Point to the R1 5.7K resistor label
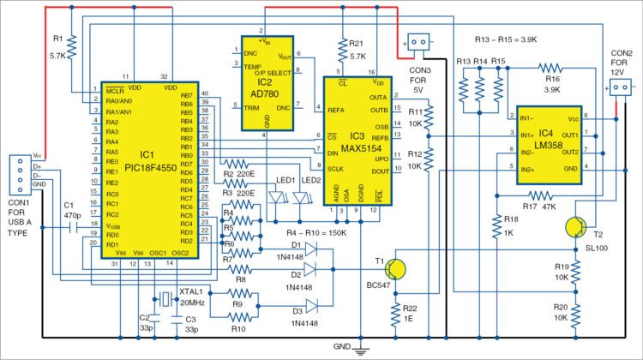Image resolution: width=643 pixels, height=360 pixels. coord(58,45)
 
